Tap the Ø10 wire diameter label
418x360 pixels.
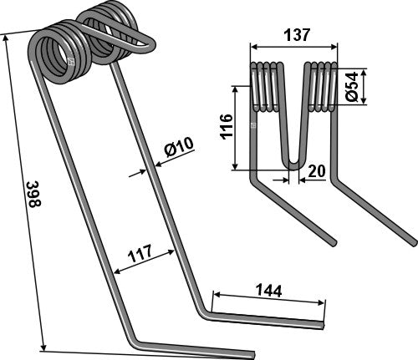click(x=179, y=150)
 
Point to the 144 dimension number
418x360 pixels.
click(x=268, y=291)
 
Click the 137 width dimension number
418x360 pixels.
click(x=297, y=35)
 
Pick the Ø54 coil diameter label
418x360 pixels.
click(x=354, y=86)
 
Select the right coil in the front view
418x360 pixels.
click(x=322, y=86)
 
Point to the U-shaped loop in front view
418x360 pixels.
click(x=294, y=159)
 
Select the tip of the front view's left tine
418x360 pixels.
click(x=334, y=243)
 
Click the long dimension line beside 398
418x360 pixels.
click(x=23, y=192)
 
